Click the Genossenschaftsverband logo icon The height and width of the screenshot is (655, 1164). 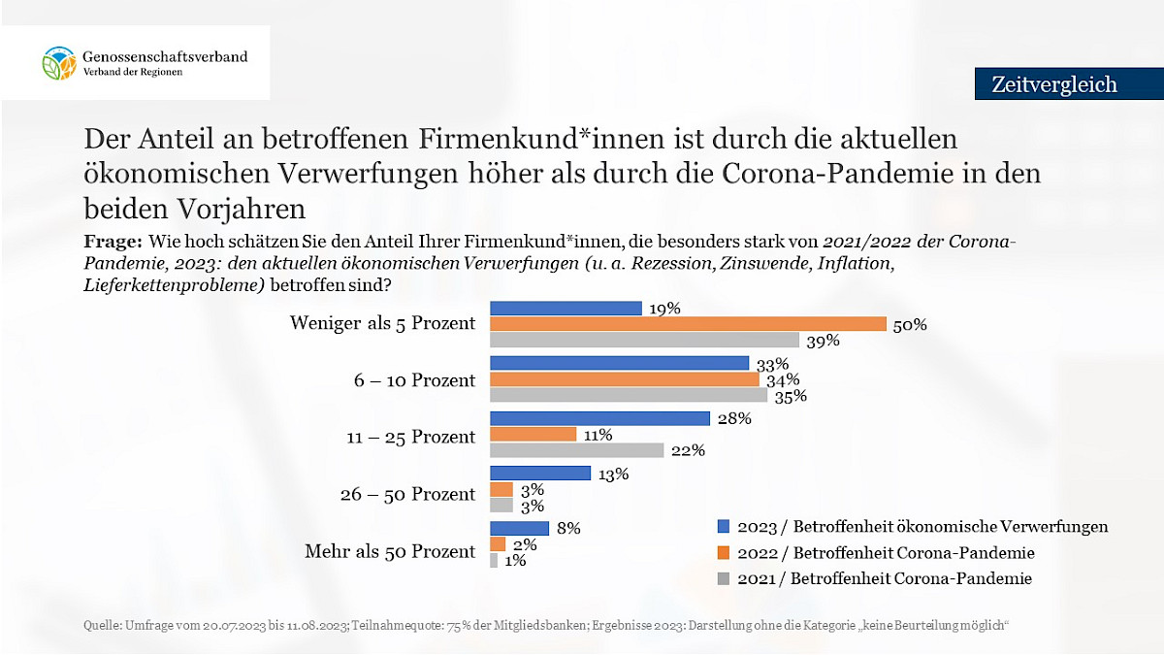coord(58,63)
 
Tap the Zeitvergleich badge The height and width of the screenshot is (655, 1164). coord(1054,84)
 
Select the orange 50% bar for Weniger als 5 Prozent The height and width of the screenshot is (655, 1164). coord(688,324)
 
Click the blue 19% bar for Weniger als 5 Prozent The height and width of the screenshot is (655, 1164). coord(566,308)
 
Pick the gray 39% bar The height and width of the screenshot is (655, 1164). coord(644,340)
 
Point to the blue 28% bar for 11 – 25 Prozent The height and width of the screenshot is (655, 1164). coord(600,418)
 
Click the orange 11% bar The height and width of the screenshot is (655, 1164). coord(533,435)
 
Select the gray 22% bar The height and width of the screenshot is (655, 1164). coord(577,450)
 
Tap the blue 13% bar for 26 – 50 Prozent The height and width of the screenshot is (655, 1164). coord(540,474)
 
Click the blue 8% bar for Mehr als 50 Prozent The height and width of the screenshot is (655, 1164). coord(520,528)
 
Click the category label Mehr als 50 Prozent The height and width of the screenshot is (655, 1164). coord(390,551)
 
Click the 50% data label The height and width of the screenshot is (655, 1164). coord(911,325)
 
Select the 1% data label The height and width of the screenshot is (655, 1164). coord(515,561)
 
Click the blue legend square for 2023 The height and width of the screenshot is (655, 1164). coord(723,527)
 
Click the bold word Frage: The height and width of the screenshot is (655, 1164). coord(113,241)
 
